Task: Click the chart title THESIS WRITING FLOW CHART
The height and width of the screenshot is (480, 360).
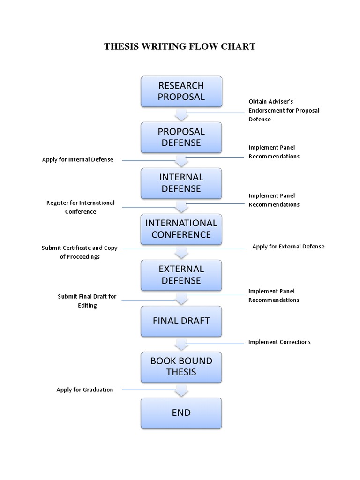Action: click(x=180, y=46)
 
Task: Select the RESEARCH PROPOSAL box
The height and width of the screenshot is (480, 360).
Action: click(x=181, y=91)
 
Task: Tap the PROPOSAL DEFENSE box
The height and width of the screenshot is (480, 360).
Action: click(x=181, y=137)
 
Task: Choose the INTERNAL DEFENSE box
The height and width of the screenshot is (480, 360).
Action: click(x=181, y=183)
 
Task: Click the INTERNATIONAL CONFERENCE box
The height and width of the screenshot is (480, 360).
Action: click(x=181, y=229)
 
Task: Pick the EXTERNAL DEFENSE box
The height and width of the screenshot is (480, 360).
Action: click(x=181, y=275)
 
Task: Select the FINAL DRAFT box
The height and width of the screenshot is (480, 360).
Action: click(x=181, y=321)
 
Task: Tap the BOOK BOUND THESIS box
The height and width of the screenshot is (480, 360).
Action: click(x=181, y=367)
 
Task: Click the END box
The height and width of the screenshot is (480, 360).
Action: click(x=181, y=412)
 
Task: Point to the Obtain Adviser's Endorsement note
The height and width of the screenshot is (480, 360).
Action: click(x=284, y=110)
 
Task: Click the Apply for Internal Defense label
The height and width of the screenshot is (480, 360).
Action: click(x=78, y=159)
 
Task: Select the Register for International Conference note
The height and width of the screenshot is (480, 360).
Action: click(x=80, y=207)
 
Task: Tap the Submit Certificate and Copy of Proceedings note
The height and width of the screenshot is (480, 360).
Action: click(x=80, y=252)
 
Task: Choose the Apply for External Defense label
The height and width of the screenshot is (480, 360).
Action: click(x=288, y=247)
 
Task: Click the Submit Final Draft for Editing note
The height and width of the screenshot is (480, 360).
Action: click(x=87, y=301)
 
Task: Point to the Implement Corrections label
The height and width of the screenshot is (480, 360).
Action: click(x=279, y=342)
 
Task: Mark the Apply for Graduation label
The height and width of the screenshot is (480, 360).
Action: click(x=85, y=390)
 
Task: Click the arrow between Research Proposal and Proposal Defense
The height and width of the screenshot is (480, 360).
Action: click(x=181, y=115)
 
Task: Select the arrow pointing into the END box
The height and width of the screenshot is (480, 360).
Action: click(x=181, y=390)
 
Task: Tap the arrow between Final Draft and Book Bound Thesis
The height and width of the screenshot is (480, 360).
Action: click(x=181, y=345)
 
